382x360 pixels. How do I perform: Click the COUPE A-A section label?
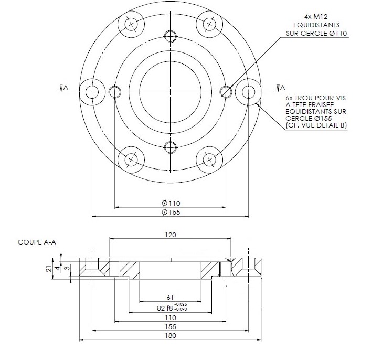tap(37, 242)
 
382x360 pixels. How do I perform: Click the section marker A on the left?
tap(63, 87)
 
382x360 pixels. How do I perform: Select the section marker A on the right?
tap(282, 87)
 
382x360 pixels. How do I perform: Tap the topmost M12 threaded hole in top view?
tap(171, 36)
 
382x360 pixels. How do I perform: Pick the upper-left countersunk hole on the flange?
tap(131, 24)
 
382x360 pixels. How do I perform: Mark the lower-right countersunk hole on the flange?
tap(209, 159)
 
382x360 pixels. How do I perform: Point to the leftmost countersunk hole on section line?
tap(92, 91)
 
